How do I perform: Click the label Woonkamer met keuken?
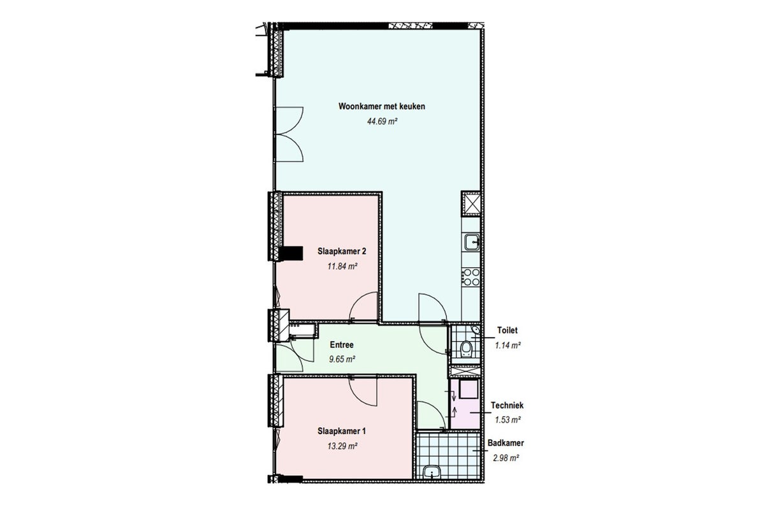(381, 106)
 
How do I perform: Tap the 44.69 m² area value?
(382, 121)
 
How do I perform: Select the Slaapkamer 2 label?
(342, 251)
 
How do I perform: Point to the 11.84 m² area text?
(342, 266)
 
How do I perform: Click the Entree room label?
(342, 345)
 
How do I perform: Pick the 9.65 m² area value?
(342, 360)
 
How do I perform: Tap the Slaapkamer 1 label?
(342, 431)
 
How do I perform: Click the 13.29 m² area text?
(342, 446)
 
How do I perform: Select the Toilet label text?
(507, 330)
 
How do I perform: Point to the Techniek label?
(507, 405)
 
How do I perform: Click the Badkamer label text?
(506, 443)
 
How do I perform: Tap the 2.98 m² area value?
(506, 458)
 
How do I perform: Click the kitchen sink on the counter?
(472, 242)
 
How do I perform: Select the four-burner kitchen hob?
(471, 277)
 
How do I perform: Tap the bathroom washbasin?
(432, 472)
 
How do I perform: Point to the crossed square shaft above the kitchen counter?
(470, 204)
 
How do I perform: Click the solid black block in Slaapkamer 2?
(291, 254)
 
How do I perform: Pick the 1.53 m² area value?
(508, 420)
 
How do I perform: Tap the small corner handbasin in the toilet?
(476, 330)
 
